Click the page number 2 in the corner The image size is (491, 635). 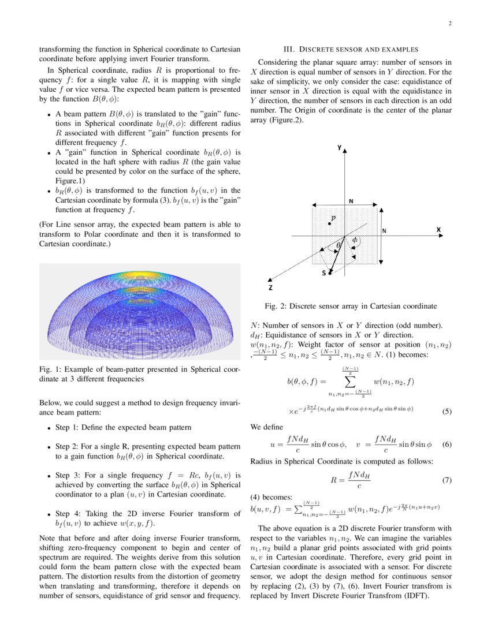point(449,24)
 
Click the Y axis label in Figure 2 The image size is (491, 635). point(339,148)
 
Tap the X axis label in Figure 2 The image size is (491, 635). point(438,230)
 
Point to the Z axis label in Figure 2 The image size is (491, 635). point(270,287)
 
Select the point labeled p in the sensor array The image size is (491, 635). point(330,223)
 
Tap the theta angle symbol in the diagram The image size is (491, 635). point(339,245)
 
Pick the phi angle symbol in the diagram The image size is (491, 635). point(355,240)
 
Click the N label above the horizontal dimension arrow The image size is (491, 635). point(351,200)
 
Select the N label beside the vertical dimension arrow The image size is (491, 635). point(385,230)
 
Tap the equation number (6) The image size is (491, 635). point(446,444)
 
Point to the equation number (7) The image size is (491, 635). point(446,480)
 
